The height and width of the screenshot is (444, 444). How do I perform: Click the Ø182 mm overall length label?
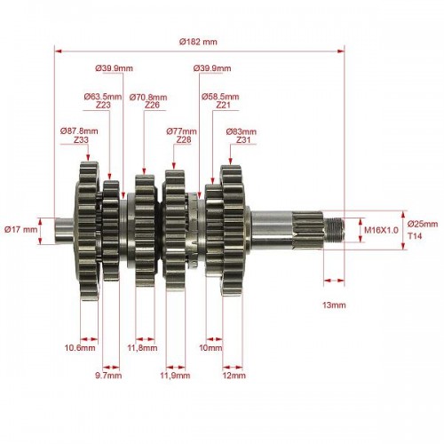198,42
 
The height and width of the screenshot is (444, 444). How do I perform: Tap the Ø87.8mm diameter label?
79,131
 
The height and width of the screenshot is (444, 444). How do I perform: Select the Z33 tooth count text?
81,139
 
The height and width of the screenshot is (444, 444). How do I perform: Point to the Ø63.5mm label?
103,97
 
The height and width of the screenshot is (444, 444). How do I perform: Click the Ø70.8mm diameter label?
148,97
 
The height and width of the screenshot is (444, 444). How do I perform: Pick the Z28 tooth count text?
184,139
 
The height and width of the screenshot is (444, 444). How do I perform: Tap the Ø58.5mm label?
220,97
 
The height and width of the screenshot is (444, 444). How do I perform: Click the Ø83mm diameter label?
242,131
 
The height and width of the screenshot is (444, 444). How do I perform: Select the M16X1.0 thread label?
381,230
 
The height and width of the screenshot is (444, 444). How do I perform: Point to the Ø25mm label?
423,224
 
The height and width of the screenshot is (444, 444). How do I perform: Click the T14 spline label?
415,236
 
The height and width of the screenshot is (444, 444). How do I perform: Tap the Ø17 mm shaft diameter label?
21,229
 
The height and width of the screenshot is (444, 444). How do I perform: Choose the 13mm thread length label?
334,305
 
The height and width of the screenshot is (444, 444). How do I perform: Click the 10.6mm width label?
80,347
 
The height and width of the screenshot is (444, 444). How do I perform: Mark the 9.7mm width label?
108,376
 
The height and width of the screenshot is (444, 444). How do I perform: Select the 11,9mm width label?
175,376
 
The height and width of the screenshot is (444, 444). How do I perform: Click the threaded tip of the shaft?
334,230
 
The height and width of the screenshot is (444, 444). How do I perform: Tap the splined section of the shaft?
308,230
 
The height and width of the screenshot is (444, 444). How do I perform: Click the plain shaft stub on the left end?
64,231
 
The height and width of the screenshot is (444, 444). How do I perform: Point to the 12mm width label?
234,376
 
